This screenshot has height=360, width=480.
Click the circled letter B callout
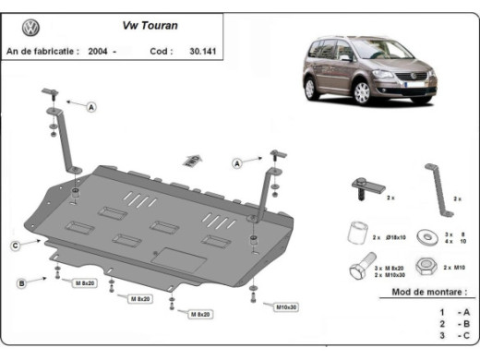coord(20,283)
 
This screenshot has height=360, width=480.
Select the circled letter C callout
coord(16,245)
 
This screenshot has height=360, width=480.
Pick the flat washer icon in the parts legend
coord(426,235)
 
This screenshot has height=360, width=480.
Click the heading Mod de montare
coord(423,292)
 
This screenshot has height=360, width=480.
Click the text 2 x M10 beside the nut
coord(454,267)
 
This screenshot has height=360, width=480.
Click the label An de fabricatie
coord(42,52)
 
